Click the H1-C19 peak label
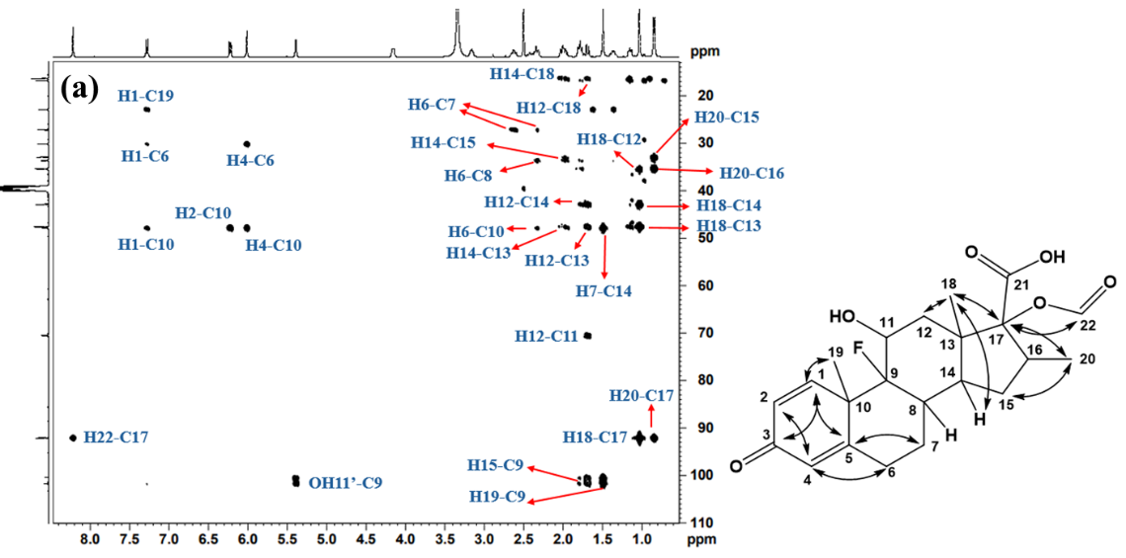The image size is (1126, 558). click(145, 96)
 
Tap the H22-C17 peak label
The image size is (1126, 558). click(116, 437)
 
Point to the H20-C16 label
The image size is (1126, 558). click(751, 173)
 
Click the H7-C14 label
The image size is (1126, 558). click(604, 290)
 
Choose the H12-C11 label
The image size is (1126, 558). click(546, 336)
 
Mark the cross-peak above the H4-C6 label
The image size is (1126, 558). click(247, 144)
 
